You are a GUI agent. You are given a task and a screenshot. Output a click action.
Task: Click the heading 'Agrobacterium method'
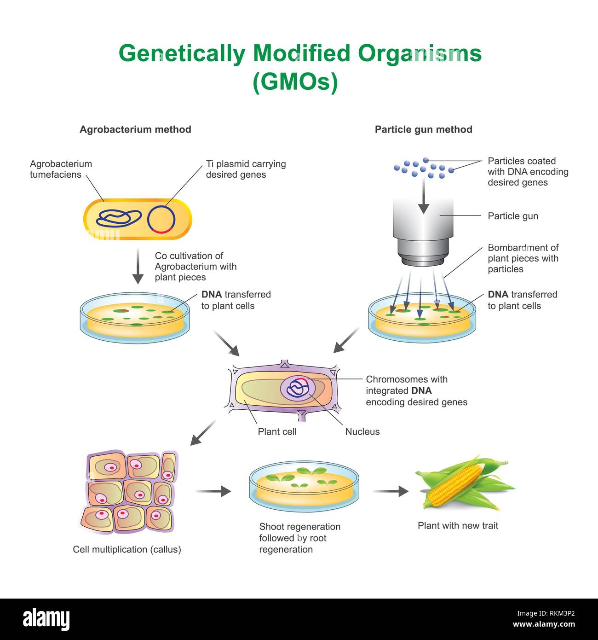[135, 129]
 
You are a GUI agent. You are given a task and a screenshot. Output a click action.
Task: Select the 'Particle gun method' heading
[423, 129]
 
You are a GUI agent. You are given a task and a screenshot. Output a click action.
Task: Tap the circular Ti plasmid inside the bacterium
[161, 219]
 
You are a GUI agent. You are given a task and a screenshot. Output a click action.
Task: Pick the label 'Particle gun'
[512, 216]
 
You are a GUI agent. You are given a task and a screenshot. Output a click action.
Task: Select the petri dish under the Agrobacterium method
[135, 318]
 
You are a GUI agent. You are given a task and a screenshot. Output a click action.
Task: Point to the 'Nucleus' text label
[362, 431]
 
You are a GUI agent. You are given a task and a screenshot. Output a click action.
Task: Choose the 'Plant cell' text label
[277, 431]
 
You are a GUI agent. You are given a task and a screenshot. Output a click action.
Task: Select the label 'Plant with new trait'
[458, 526]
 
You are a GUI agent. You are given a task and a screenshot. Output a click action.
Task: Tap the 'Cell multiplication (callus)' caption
[127, 549]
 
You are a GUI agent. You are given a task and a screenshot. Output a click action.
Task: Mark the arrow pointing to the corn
[391, 491]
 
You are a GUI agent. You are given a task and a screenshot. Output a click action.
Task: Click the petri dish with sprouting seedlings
[304, 487]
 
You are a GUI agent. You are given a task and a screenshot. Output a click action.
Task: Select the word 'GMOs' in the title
[295, 82]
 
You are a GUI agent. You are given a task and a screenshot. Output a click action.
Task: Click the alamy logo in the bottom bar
[46, 619]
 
